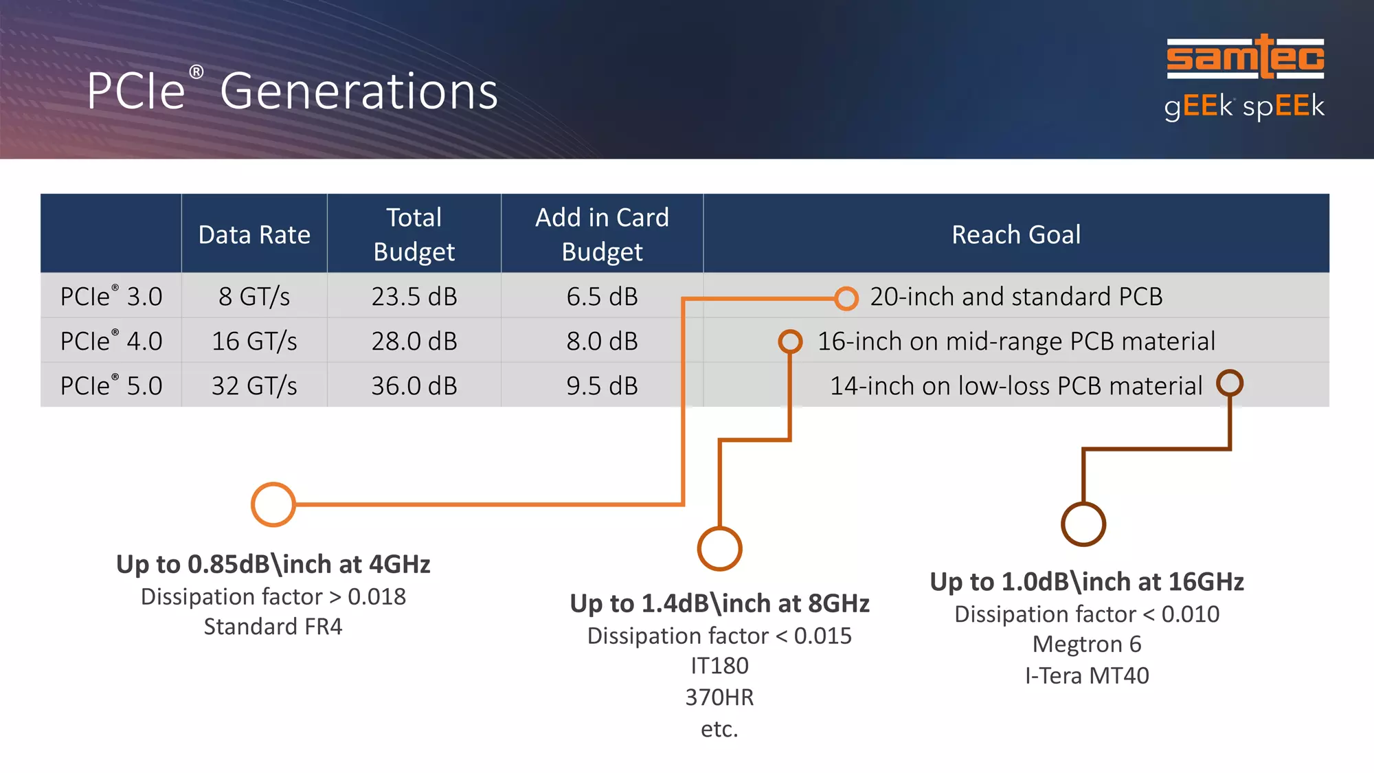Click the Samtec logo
click(x=1245, y=56)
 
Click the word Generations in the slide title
click(x=359, y=91)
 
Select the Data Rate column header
click(x=254, y=235)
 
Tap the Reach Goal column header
click(x=1016, y=235)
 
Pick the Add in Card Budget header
click(x=602, y=234)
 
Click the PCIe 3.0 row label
click(x=111, y=296)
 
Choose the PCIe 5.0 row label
click(x=111, y=385)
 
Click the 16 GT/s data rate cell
click(x=254, y=341)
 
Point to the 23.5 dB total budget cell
click(x=414, y=296)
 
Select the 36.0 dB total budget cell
click(x=414, y=385)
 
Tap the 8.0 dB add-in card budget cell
click(x=602, y=341)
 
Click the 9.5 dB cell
click(x=602, y=385)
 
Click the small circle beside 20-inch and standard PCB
click(x=846, y=287)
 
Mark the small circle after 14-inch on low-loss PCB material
click(x=1230, y=371)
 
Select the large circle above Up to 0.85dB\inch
click(x=273, y=484)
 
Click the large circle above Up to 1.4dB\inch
click(x=719, y=528)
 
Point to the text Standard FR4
click(x=273, y=627)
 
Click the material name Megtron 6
click(x=1087, y=645)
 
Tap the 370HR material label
click(x=719, y=697)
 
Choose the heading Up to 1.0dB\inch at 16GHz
click(x=1087, y=582)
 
